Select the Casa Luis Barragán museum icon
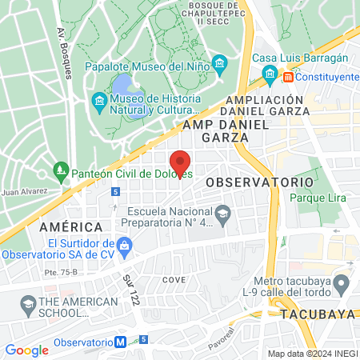270,75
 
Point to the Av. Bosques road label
66,56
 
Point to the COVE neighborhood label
174,280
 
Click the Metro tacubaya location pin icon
341,284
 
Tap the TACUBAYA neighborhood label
318,314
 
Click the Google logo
26,350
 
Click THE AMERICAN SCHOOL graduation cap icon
29,306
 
